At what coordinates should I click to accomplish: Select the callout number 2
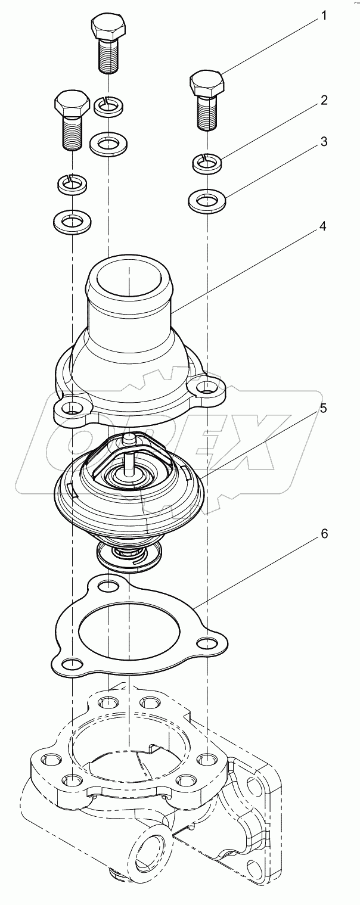point(324,100)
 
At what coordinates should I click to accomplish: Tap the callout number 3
point(324,142)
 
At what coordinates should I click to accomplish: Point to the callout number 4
point(322,227)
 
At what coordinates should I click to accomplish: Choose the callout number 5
point(322,409)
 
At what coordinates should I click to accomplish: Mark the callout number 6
point(324,533)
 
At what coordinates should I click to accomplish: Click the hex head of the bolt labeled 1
point(207,83)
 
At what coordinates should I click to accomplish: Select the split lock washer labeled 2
point(206,161)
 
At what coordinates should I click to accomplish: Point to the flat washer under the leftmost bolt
point(72,222)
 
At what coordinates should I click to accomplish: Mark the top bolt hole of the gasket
point(108,586)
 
